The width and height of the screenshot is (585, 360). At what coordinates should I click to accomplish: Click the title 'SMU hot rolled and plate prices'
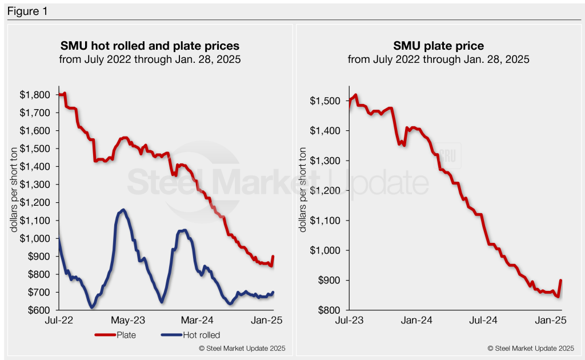pyautogui.click(x=150, y=45)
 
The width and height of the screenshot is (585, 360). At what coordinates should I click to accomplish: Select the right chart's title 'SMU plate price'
pyautogui.click(x=438, y=45)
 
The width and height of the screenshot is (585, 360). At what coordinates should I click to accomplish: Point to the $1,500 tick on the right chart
pyautogui.click(x=326, y=101)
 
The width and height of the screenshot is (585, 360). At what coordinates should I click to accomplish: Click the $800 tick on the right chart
pyautogui.click(x=328, y=310)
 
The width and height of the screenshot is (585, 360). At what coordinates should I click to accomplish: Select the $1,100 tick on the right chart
pyautogui.click(x=326, y=221)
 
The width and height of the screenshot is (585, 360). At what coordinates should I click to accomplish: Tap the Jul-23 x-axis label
pyautogui.click(x=348, y=321)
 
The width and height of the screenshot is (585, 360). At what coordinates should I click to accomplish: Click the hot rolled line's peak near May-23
pyautogui.click(x=123, y=210)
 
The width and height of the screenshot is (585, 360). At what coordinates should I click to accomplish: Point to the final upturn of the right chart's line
pyautogui.click(x=560, y=281)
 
